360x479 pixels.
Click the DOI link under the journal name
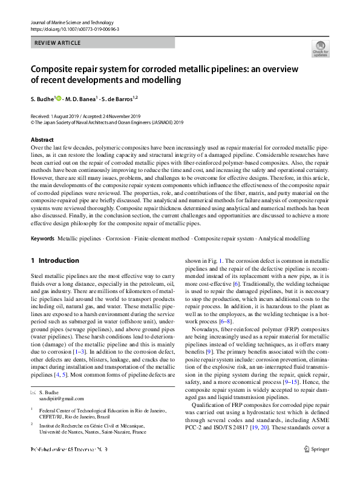74,28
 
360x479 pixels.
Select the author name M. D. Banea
85,98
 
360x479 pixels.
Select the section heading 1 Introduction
54,261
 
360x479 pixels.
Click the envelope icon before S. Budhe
33,393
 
